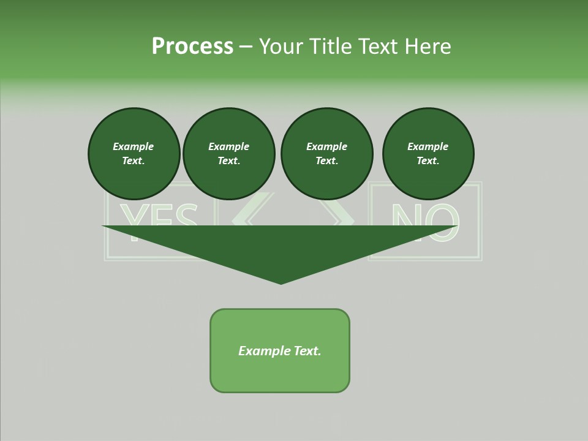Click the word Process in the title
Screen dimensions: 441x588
pos(192,47)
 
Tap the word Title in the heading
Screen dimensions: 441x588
pos(330,47)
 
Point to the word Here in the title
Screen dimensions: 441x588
pos(428,47)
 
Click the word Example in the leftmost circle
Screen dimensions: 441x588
pos(134,146)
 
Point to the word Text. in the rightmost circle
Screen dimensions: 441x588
pos(428,161)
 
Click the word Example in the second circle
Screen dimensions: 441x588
pos(229,146)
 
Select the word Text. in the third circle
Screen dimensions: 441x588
pos(327,161)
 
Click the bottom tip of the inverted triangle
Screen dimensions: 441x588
pos(281,282)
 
